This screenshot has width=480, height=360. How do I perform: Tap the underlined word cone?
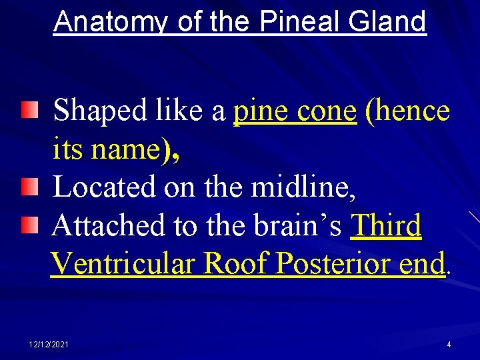point(326,111)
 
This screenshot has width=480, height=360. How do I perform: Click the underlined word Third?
point(386,226)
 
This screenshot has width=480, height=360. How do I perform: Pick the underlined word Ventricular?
point(123,264)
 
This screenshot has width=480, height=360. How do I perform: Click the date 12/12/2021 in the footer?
point(48,344)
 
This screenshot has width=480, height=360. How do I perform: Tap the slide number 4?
point(449,344)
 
